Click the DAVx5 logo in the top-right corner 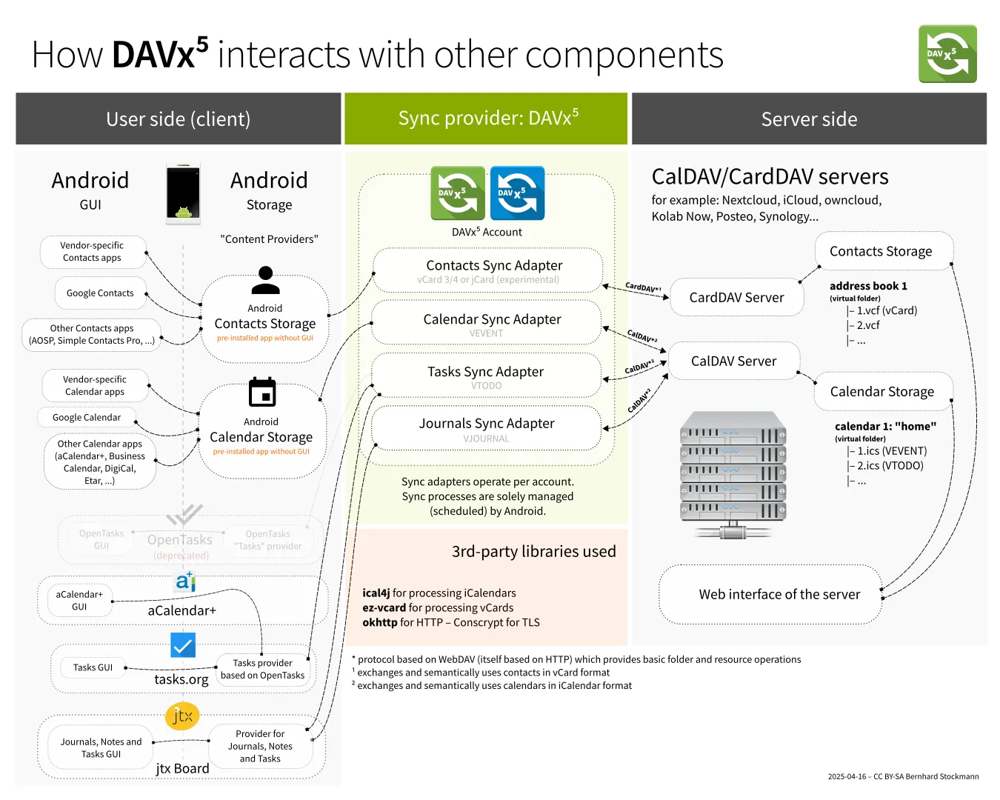point(947,54)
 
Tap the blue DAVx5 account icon point(517,193)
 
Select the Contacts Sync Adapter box point(488,270)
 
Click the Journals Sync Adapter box point(486,428)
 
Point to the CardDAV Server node point(736,298)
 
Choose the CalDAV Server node point(733,361)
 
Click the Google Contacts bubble point(100,293)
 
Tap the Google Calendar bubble point(87,418)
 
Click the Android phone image point(183,193)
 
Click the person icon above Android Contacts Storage point(265,281)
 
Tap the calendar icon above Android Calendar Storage point(262,393)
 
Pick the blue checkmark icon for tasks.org point(183,645)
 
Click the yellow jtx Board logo point(182,716)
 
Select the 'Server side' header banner point(809,119)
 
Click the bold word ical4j point(376,593)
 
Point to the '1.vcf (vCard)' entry point(887,311)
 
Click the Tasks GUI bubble point(93,667)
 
